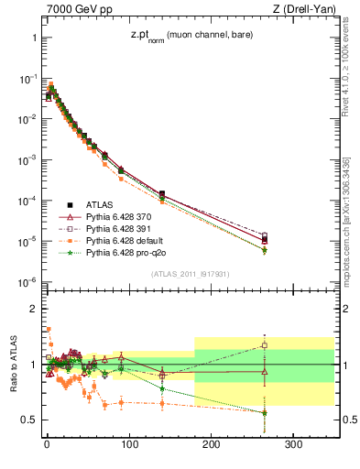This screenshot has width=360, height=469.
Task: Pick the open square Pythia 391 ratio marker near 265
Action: pos(265,345)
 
